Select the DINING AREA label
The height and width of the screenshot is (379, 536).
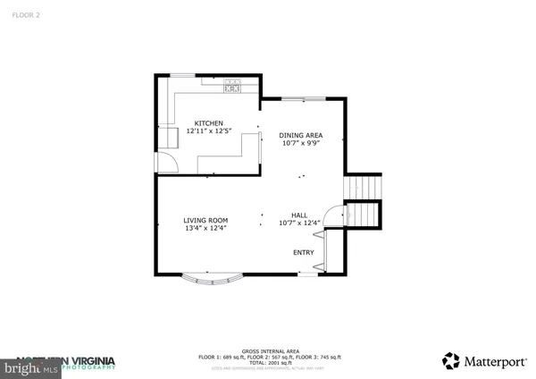pyautogui.click(x=302, y=135)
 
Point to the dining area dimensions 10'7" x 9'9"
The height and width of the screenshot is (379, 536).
pyautogui.click(x=302, y=143)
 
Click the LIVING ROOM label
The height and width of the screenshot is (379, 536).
pyautogui.click(x=205, y=220)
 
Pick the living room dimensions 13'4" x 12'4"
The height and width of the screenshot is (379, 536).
pyautogui.click(x=205, y=228)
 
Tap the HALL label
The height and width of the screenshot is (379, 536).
pyautogui.click(x=299, y=215)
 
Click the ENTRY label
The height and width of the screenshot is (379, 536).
pyautogui.click(x=304, y=253)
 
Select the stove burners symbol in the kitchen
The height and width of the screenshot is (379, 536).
pyautogui.click(x=232, y=86)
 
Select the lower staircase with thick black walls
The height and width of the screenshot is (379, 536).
pyautogui.click(x=363, y=215)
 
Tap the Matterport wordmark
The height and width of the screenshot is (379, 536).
pyautogui.click(x=490, y=361)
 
